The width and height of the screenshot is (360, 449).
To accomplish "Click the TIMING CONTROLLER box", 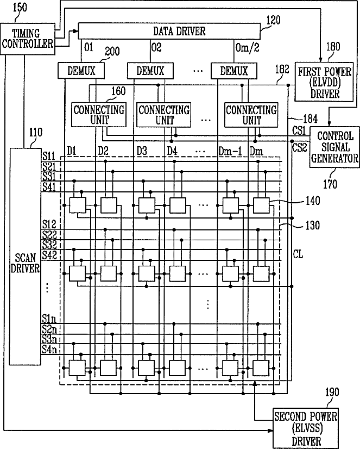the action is (x=28, y=39).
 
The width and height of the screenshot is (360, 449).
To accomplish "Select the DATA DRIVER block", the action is (x=169, y=31).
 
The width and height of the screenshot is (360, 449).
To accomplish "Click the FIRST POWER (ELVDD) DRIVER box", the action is (x=324, y=82).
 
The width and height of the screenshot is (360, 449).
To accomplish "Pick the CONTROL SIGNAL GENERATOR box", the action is (x=334, y=147).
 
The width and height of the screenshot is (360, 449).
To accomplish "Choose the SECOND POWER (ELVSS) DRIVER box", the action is (x=306, y=428).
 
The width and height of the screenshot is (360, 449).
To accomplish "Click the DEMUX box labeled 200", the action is (x=81, y=71).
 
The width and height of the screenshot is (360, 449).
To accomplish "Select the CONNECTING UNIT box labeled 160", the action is (x=99, y=115).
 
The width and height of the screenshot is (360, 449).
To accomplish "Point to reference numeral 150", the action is (x=20, y=8).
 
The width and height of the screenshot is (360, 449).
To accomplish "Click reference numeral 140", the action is (x=313, y=201).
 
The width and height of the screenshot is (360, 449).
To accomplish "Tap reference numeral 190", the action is (x=332, y=392).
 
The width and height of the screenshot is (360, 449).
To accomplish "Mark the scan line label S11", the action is (x=49, y=156).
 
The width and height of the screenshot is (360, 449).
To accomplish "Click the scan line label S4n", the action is (x=49, y=350).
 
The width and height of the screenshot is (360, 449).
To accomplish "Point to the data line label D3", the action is (x=142, y=151).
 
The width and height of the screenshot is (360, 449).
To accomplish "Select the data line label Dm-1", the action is (x=230, y=151).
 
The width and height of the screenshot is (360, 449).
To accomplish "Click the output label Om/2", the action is (x=248, y=47).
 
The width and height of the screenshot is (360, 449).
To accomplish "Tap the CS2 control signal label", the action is (x=299, y=148).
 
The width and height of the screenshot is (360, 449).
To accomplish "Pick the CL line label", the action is (x=298, y=254).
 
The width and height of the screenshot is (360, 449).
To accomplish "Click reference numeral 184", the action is (x=310, y=119).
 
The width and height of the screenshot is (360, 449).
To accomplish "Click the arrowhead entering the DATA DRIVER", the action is (x=76, y=31).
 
